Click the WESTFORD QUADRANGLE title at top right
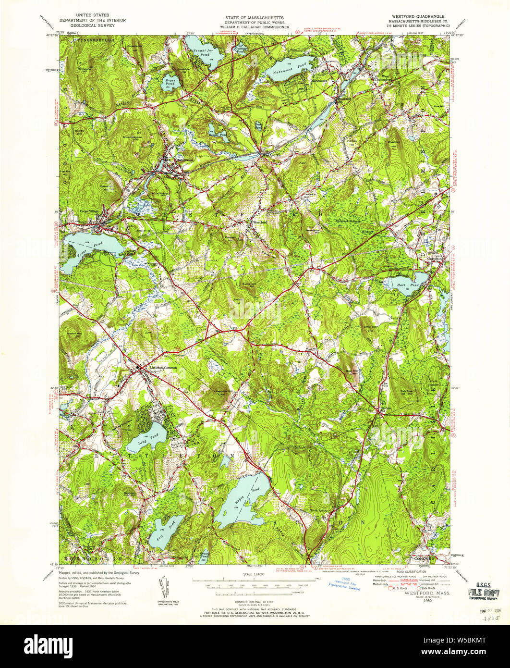point(413,16)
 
